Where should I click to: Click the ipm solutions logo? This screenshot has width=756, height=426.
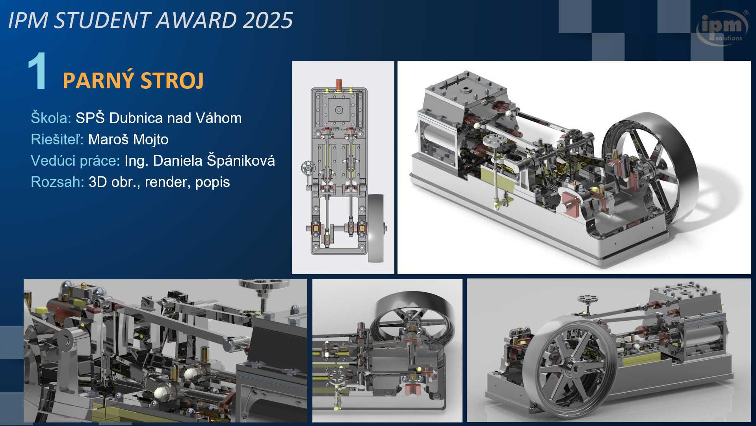723,28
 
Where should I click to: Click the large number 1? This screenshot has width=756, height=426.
38,71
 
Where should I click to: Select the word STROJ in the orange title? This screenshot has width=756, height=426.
172,80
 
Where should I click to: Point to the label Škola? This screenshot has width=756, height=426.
51,118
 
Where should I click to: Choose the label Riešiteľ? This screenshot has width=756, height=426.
57,139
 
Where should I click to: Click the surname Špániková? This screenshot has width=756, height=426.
241,160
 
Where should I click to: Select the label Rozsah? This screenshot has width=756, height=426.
58,182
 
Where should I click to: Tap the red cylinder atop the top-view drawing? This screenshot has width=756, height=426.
339,84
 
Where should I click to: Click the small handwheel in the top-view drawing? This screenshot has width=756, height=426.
308,168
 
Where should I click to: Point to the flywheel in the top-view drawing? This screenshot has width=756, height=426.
376,228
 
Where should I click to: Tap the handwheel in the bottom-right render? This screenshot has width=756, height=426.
587,299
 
